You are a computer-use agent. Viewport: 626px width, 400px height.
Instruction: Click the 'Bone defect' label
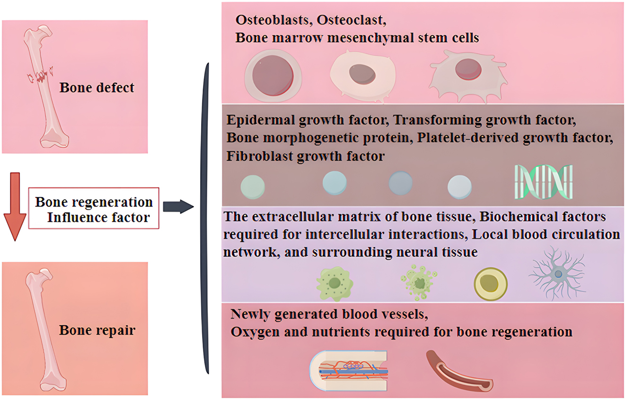tap(97, 88)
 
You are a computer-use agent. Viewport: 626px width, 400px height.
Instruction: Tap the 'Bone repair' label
tap(97, 330)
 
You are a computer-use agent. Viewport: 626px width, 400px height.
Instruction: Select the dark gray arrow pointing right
tap(178, 206)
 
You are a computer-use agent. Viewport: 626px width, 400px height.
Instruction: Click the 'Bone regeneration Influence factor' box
tap(94, 209)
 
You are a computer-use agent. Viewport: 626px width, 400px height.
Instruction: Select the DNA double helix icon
tap(544, 182)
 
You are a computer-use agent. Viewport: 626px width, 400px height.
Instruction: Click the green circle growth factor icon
tap(252, 186)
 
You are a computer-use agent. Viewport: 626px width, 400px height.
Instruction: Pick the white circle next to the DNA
tap(459, 186)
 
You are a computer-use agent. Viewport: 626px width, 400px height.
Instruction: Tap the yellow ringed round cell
tap(491, 284)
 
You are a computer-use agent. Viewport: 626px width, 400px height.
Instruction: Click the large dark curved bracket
tap(206, 218)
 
